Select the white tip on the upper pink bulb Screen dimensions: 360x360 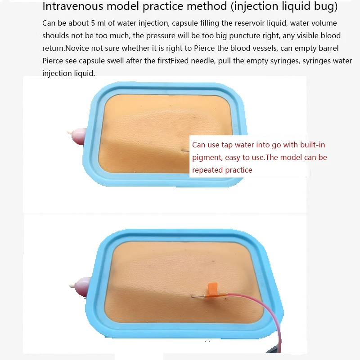point(70,133)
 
